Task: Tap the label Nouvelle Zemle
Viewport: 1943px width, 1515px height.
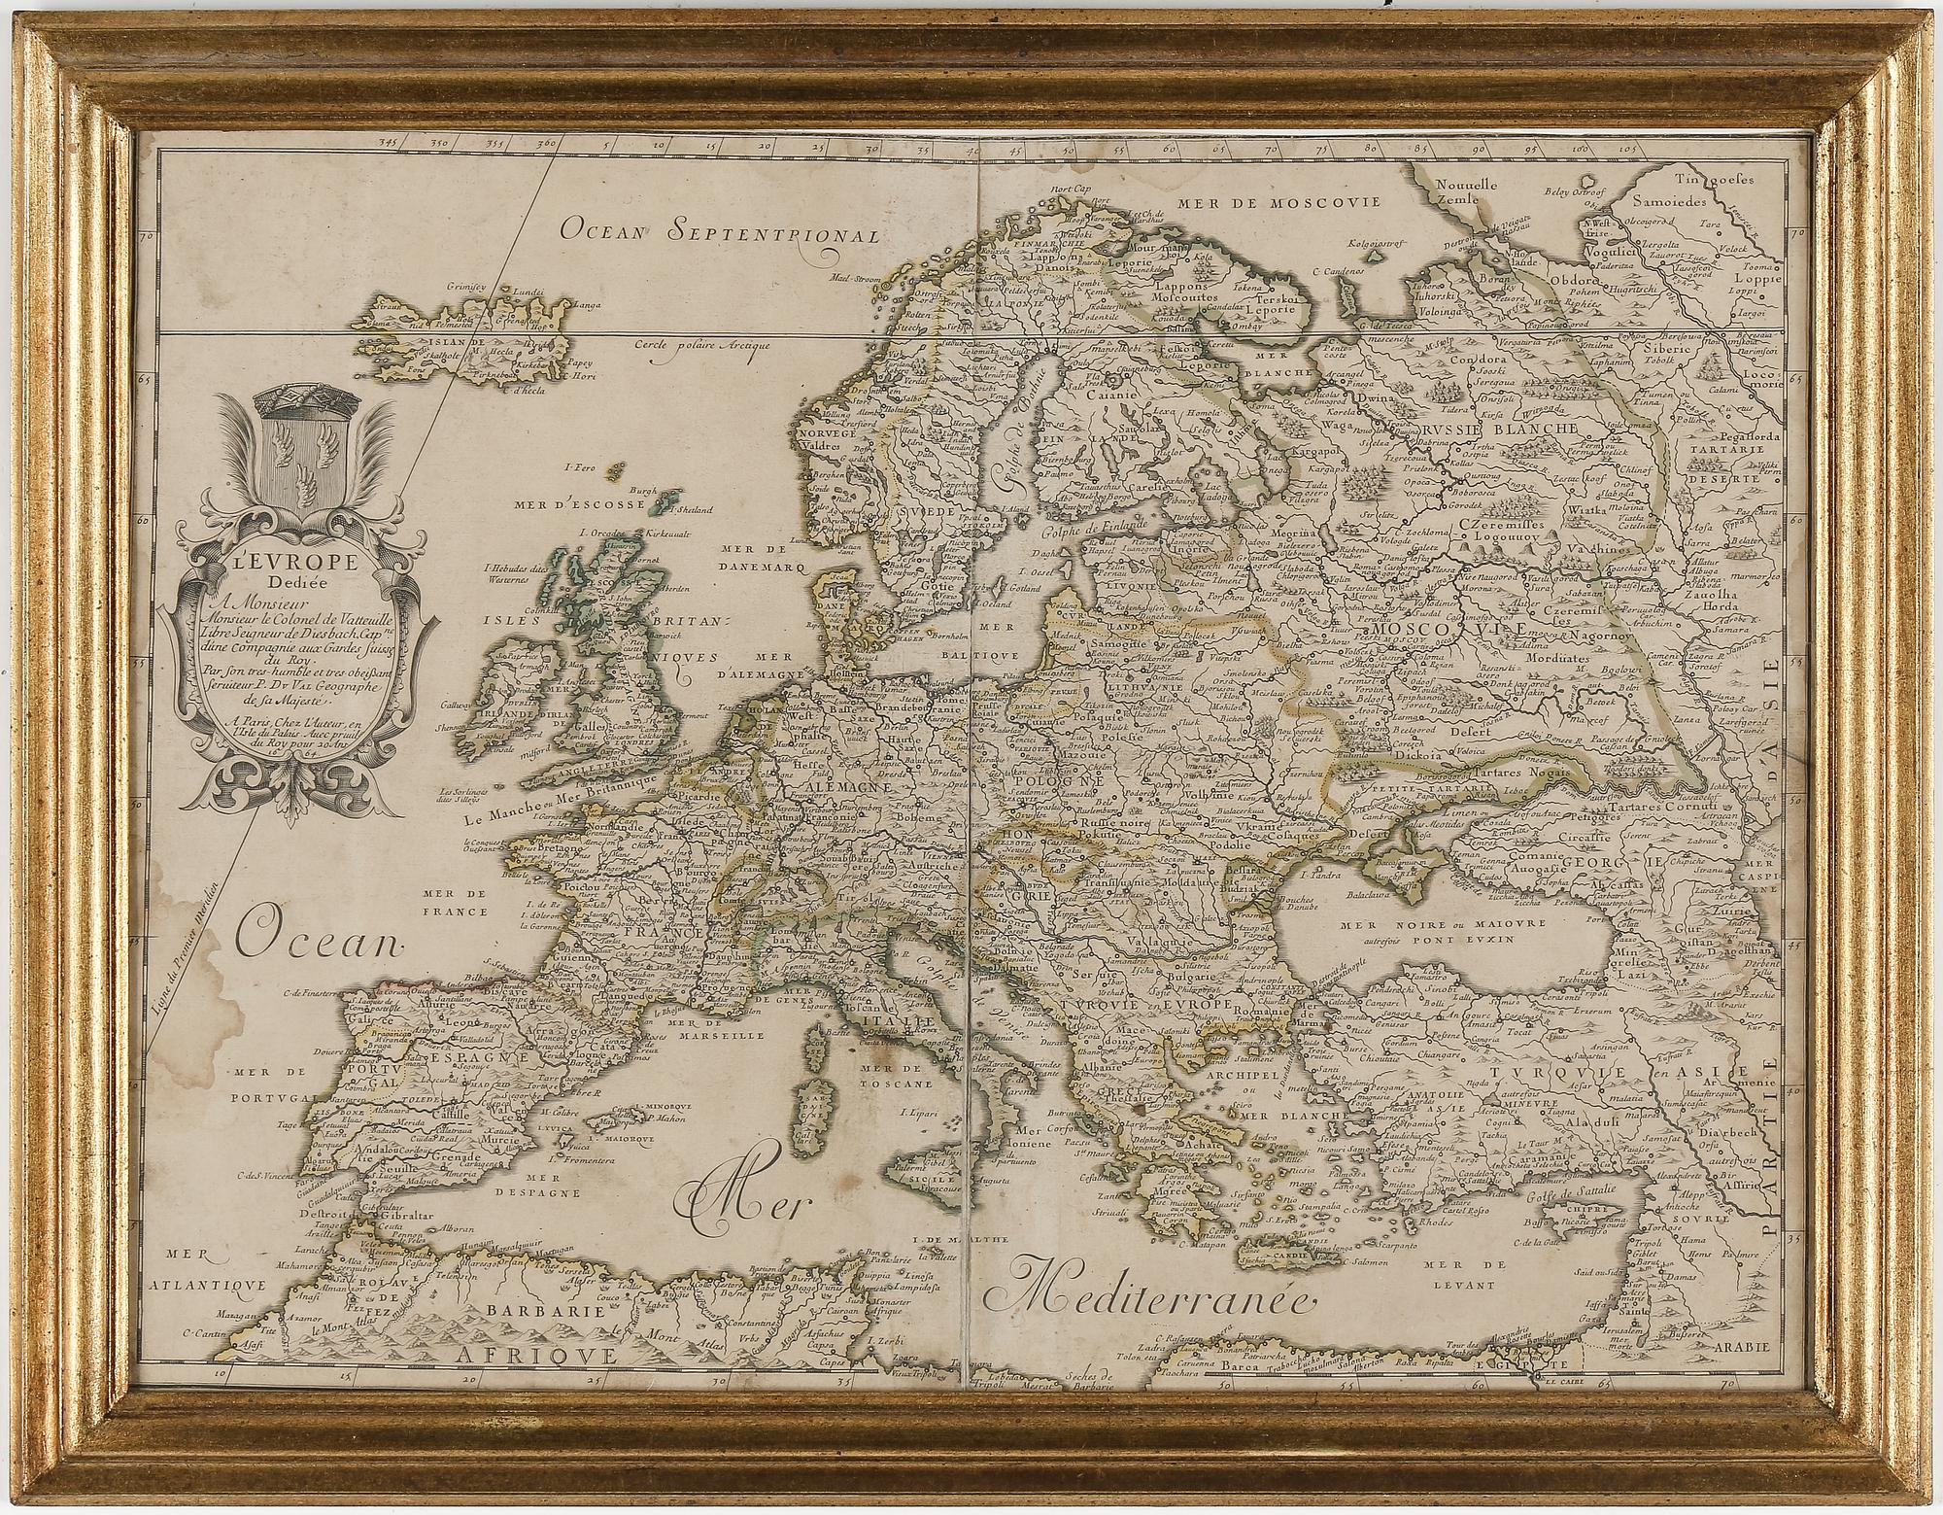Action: (x=1440, y=193)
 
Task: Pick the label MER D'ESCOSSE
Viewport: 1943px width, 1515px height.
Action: (x=581, y=505)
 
